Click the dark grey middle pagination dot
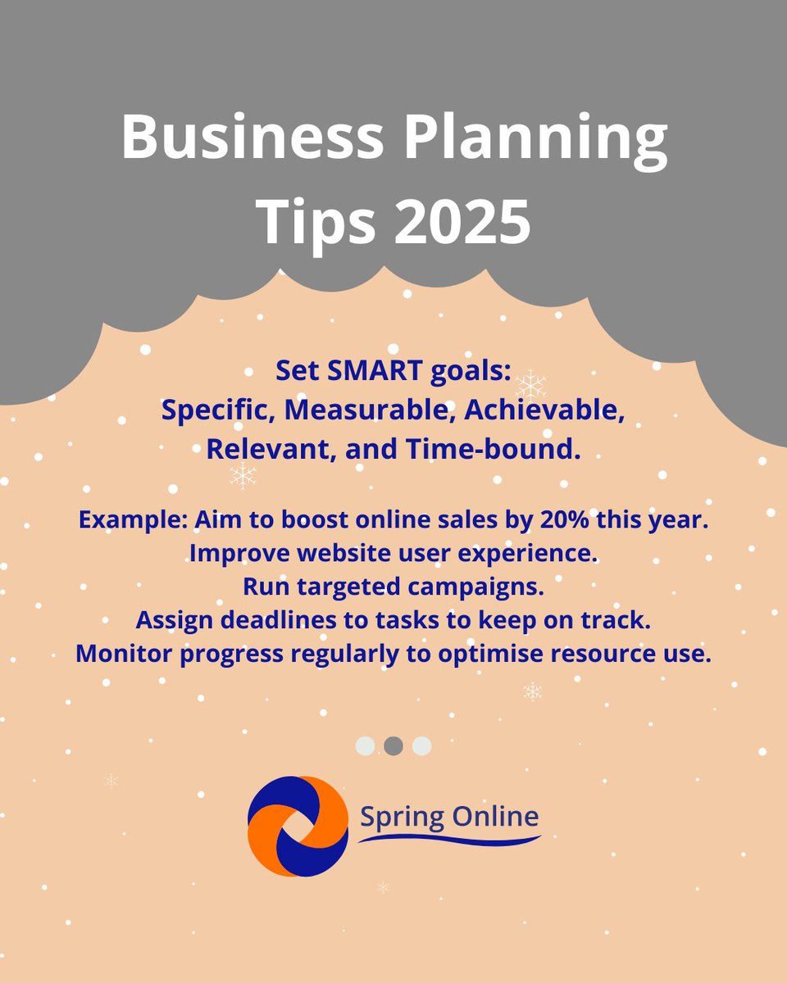click(393, 746)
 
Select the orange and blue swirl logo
click(298, 827)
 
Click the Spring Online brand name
click(449, 816)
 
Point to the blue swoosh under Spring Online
click(449, 840)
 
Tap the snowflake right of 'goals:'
click(531, 383)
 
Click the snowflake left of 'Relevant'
click(243, 475)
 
